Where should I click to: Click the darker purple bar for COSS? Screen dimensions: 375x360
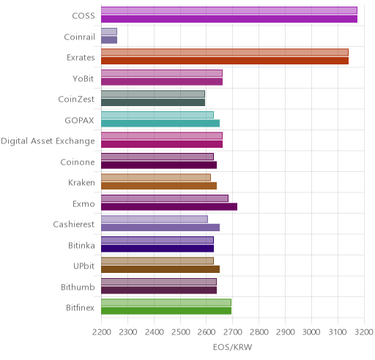tap(229, 19)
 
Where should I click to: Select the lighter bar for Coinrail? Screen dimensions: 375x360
tap(109, 31)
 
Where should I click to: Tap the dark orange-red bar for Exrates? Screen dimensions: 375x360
tap(225, 61)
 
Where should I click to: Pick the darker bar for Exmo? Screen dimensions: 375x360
tap(169, 207)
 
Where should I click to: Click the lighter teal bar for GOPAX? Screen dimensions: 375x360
tap(157, 115)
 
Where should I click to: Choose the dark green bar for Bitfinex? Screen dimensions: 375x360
tap(166, 311)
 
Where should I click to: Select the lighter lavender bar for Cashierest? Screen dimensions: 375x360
tap(155, 220)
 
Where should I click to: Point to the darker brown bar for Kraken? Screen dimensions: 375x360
tap(159, 186)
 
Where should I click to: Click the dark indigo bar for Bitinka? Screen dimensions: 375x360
tap(157, 249)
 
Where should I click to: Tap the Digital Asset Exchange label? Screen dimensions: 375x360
tap(48, 141)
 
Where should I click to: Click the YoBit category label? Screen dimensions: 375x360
tap(83, 79)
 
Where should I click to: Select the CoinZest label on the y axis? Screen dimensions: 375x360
tap(76, 100)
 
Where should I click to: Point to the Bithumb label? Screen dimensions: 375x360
tap(78, 287)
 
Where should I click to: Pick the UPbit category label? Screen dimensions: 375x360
tap(83, 266)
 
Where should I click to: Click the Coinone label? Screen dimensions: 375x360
tap(78, 162)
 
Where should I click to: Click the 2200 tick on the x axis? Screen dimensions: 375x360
tap(102, 332)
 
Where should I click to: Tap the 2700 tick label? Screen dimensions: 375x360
tap(233, 332)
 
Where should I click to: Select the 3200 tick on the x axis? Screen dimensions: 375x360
tap(364, 332)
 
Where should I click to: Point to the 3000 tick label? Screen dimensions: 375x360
tap(311, 332)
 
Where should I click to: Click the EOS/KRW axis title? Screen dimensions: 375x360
tap(232, 347)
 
